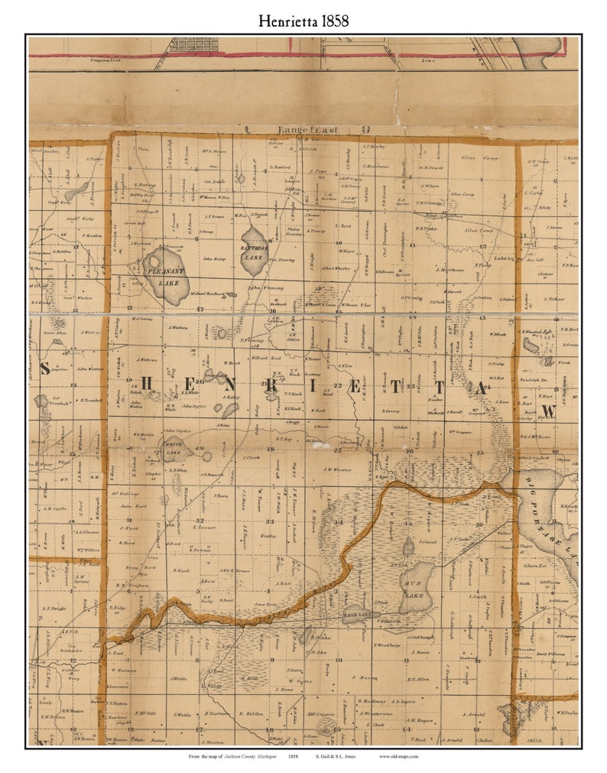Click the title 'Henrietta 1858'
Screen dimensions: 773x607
(x=303, y=21)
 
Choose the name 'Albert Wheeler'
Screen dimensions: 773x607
(x=336, y=268)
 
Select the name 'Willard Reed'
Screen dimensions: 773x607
(x=267, y=357)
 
